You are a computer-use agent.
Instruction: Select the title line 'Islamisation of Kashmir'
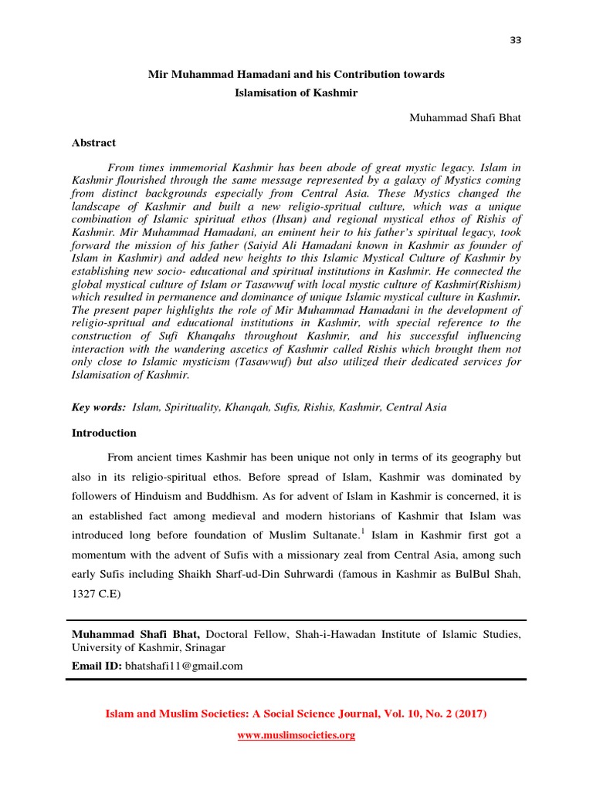click(296, 92)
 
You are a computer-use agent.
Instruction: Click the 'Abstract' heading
click(94, 143)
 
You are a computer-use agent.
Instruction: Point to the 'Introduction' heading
click(104, 433)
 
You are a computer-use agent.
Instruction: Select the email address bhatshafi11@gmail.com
click(184, 666)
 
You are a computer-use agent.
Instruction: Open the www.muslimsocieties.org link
click(296, 735)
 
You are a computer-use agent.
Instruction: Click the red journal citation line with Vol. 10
click(296, 714)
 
